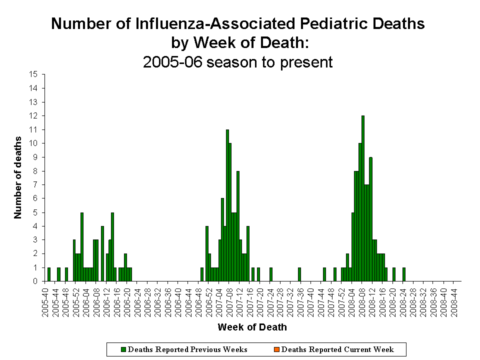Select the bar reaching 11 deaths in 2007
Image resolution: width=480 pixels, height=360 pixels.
[227, 205]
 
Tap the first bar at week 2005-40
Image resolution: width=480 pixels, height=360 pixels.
[48, 274]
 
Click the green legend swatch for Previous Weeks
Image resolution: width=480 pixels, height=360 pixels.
[124, 349]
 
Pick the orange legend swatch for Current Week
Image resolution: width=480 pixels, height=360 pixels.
[277, 349]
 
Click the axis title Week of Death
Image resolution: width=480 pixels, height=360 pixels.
[252, 327]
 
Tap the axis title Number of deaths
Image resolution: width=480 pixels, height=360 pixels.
[18, 177]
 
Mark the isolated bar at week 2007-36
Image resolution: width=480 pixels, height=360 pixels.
[299, 274]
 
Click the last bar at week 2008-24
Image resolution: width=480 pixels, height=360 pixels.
[403, 274]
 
